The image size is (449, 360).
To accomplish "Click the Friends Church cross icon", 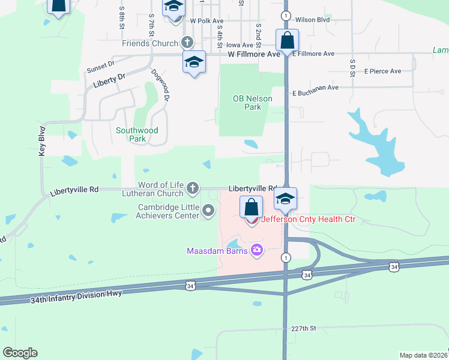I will click(x=187, y=43).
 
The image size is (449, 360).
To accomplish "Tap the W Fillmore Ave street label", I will click(x=255, y=54).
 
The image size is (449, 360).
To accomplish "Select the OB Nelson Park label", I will click(x=253, y=103).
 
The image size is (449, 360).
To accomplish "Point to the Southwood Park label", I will click(x=137, y=134).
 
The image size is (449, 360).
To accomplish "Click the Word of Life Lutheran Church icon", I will click(x=193, y=189).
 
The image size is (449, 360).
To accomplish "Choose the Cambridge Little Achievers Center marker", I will click(x=208, y=210).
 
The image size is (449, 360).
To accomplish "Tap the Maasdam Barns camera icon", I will click(x=257, y=250).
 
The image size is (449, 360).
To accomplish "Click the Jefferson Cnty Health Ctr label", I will click(x=308, y=220).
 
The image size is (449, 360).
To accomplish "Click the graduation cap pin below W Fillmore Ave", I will click(x=194, y=62).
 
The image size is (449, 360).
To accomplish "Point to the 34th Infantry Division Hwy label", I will click(x=76, y=293).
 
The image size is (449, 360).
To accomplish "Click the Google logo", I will click(x=20, y=353).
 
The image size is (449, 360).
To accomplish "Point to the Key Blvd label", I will click(x=42, y=145).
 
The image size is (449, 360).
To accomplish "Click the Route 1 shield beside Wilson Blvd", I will click(x=286, y=15).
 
